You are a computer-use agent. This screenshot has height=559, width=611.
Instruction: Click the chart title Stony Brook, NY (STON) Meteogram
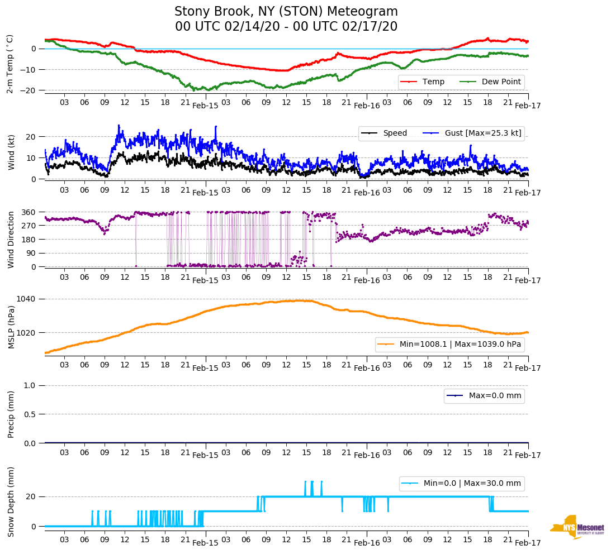coord(286,12)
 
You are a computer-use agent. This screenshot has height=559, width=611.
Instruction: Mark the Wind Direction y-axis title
coord(11,240)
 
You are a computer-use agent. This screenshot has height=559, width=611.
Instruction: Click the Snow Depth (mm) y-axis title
coord(11,501)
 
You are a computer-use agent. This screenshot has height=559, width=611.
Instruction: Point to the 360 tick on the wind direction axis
coord(29,212)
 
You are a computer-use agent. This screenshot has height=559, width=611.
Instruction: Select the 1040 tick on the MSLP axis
coord(27,299)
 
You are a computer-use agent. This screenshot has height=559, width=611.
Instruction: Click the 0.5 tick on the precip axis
coord(31,414)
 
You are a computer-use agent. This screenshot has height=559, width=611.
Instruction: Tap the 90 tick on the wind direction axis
coord(31,253)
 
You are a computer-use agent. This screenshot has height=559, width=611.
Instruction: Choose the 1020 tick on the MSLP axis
coord(27,333)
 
